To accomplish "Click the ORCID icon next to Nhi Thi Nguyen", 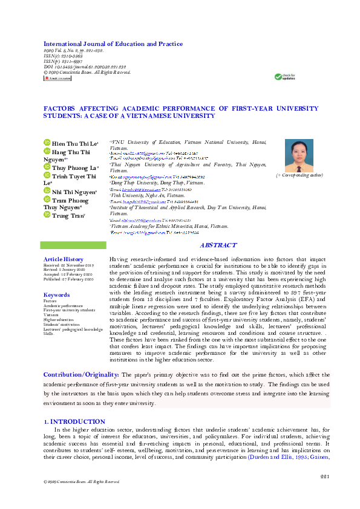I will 47,191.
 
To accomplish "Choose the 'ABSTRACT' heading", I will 218,245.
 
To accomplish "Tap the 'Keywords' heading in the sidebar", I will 57,294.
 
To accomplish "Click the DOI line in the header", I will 85,67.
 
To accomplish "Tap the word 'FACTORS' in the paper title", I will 61,108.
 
